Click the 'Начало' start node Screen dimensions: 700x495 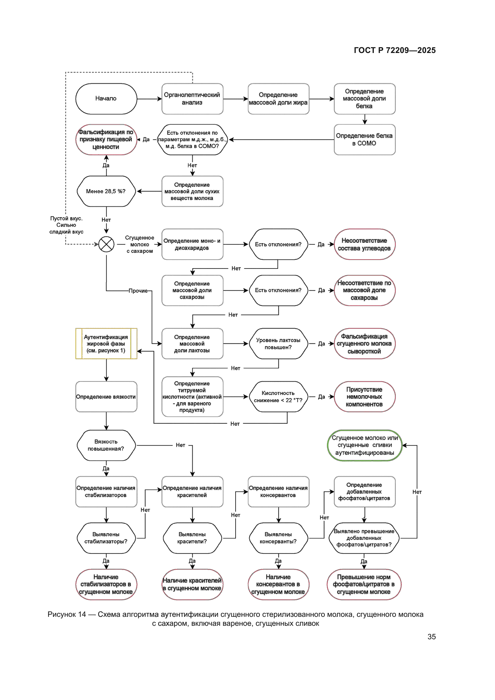pos(106,98)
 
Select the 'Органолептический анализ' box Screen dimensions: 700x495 pos(192,98)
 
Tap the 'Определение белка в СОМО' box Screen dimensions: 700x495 pos(364,139)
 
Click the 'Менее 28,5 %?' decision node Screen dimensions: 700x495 pos(106,191)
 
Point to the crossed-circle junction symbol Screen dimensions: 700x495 pos(106,244)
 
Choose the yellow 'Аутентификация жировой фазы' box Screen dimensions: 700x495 pos(106,344)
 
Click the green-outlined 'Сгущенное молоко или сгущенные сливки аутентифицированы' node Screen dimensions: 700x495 pos(365,445)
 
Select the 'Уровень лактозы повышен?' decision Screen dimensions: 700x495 pos(278,344)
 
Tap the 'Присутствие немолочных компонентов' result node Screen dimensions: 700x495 pos(364,397)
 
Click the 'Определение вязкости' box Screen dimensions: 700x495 pos(106,397)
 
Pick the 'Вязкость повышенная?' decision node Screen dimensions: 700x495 pos(106,445)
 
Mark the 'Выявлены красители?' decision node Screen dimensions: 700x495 pos(192,538)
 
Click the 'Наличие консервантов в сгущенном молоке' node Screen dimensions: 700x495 pos(278,584)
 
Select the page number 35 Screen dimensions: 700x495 pos(431,637)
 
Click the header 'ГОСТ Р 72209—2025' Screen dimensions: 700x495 pos(394,50)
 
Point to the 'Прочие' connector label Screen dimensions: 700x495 pos(138,291)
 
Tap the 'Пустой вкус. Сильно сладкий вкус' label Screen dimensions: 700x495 pos(66,225)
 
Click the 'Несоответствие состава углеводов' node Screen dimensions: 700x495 pos(364,244)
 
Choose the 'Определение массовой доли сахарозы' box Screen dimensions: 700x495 pos(192,290)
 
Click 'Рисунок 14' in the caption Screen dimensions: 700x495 pos(67,614)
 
